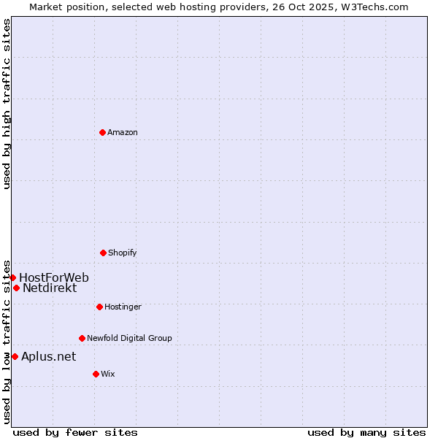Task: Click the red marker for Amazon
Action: [x=102, y=132]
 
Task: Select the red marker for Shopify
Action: [x=103, y=253]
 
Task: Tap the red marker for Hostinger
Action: [x=99, y=307]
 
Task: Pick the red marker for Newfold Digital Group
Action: [x=82, y=338]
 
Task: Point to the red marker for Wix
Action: [x=96, y=374]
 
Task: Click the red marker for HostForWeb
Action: [x=12, y=277]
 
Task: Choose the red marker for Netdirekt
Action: [x=16, y=288]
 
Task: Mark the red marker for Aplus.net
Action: [x=15, y=356]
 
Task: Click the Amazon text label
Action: [x=123, y=132]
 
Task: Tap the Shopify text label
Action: [x=123, y=253]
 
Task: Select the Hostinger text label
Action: [x=123, y=307]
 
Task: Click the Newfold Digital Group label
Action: [x=129, y=338]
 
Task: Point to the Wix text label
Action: [x=108, y=374]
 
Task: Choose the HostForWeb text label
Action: [x=54, y=277]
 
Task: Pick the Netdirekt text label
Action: [x=50, y=288]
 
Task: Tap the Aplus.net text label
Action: [x=48, y=356]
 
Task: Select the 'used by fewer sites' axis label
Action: [x=75, y=432]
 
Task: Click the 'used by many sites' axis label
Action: [x=366, y=432]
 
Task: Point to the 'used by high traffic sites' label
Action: [x=7, y=104]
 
